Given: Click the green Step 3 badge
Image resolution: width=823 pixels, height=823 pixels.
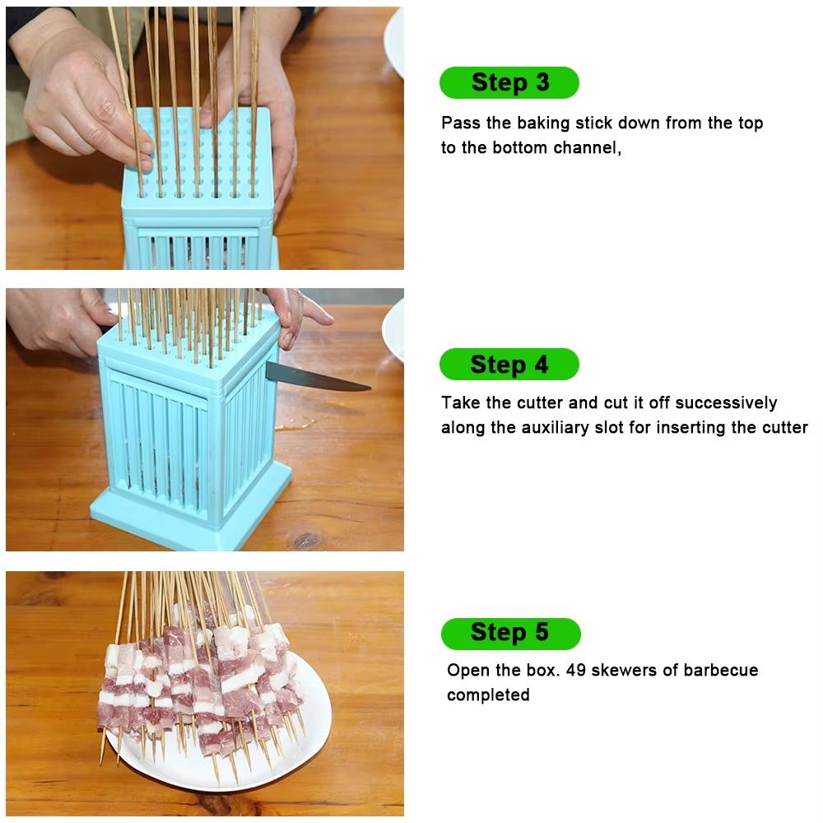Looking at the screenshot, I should coord(509,82).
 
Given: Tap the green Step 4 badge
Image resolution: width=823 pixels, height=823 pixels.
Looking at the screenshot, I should coord(509,365).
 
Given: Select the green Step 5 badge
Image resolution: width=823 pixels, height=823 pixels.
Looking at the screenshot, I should coord(510,633).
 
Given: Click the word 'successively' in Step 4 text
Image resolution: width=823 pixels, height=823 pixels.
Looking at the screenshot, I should coord(727,403).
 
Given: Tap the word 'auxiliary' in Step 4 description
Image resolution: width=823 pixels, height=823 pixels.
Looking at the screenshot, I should coord(555,427).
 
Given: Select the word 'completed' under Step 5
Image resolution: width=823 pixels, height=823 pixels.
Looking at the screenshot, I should coord(488,695).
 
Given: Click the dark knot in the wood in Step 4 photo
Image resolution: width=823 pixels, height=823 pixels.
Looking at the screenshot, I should coord(306,540).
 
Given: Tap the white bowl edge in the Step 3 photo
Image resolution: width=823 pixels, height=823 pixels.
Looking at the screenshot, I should coord(395,41).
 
